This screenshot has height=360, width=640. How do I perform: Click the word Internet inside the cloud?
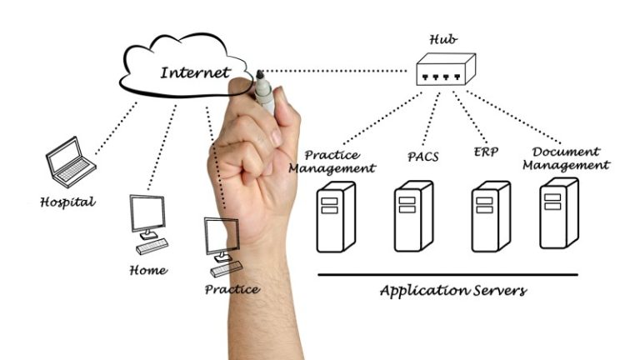tap(196, 72)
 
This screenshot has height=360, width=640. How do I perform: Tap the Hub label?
tap(443, 39)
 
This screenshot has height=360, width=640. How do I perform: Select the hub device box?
tap(446, 69)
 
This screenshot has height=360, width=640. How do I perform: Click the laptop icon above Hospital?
tap(70, 162)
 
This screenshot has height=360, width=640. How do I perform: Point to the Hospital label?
tap(67, 202)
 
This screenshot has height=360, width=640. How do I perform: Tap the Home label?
tap(148, 270)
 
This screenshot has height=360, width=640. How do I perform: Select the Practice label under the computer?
tap(232, 289)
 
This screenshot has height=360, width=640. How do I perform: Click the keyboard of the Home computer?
tap(152, 247)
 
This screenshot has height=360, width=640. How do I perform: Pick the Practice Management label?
tap(332, 162)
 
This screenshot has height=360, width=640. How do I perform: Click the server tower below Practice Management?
tap(336, 217)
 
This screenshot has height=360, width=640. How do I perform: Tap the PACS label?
tap(422, 157)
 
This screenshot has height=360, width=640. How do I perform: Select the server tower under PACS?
tap(413, 217)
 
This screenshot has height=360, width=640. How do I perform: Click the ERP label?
tap(486, 152)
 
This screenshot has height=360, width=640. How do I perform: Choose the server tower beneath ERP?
tap(491, 217)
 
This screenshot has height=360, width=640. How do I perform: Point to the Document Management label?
tap(566, 158)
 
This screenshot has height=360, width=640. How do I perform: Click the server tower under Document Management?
tap(559, 213)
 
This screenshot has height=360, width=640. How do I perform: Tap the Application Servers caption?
tap(453, 291)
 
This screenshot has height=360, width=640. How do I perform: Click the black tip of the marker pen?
tap(260, 74)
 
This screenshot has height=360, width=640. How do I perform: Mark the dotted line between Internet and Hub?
tap(335, 71)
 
